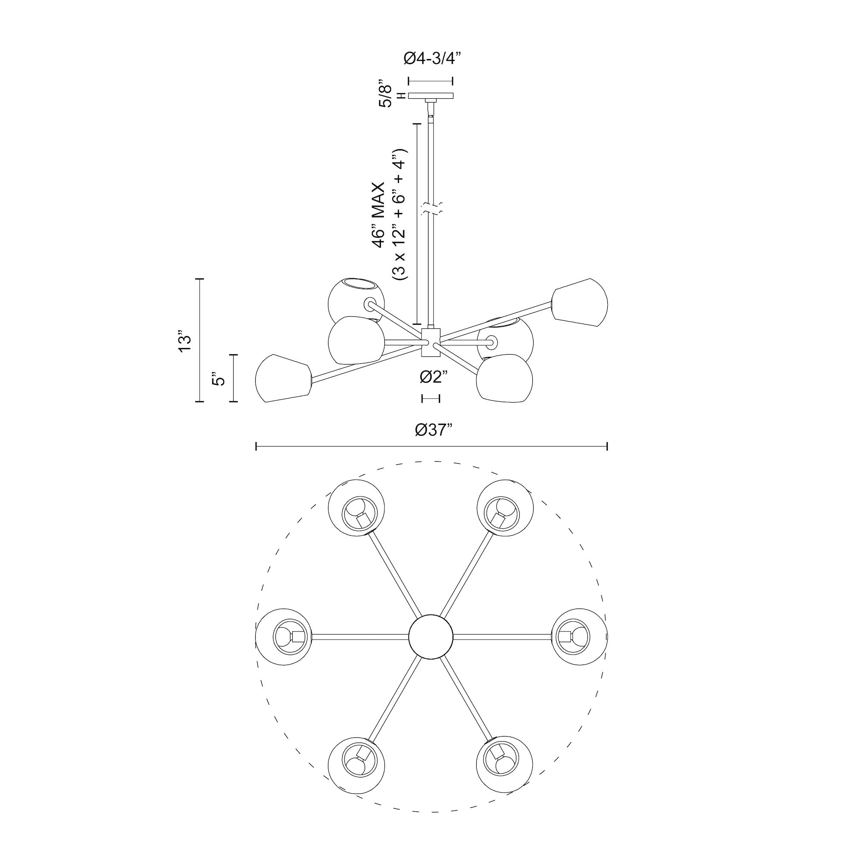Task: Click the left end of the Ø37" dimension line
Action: [x=256, y=446]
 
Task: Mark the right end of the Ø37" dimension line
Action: [x=607, y=446]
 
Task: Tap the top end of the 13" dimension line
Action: [x=200, y=278]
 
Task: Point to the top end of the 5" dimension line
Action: [x=233, y=355]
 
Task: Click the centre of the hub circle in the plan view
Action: [x=431, y=636]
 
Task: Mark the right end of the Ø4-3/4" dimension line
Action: [x=453, y=81]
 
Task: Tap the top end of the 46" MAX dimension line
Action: [x=417, y=124]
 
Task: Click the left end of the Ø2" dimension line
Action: [x=422, y=398]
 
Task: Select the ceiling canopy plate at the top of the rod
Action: [x=431, y=96]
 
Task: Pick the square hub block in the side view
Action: [x=431, y=342]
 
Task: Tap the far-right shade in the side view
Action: [x=580, y=303]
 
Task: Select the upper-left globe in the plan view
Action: [x=356, y=507]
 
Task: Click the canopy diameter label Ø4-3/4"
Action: [x=431, y=59]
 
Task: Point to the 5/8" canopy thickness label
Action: [x=385, y=93]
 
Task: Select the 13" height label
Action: [x=184, y=341]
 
